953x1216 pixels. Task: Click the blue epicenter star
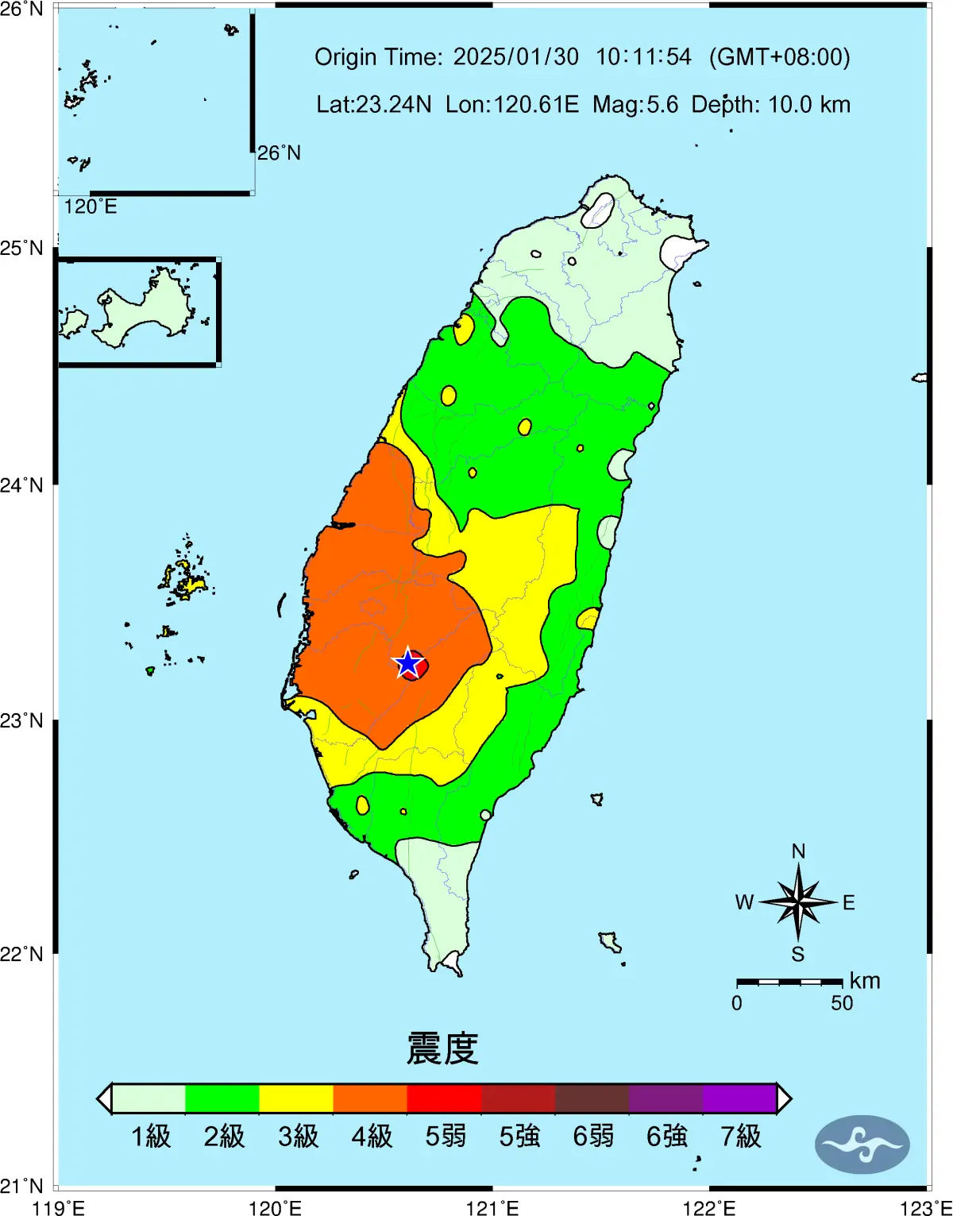pyautogui.click(x=408, y=663)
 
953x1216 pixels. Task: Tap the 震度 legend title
pyautogui.click(x=442, y=1048)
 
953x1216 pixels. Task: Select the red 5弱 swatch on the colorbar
pyautogui.click(x=444, y=1098)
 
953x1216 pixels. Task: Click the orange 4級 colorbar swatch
pyautogui.click(x=370, y=1098)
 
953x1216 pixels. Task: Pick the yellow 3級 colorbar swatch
pyautogui.click(x=296, y=1098)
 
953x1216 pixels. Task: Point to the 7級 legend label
pyautogui.click(x=740, y=1137)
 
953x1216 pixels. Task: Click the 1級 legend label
pyautogui.click(x=150, y=1137)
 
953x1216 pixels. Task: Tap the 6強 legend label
pyautogui.click(x=666, y=1137)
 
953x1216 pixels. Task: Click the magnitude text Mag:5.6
pyautogui.click(x=635, y=105)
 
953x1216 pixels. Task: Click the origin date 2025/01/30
pyautogui.click(x=515, y=57)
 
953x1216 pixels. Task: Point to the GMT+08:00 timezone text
pyautogui.click(x=779, y=57)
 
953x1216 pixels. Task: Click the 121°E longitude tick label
pyautogui.click(x=492, y=1208)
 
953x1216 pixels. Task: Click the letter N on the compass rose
pyautogui.click(x=798, y=851)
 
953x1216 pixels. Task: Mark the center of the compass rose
pyautogui.click(x=798, y=902)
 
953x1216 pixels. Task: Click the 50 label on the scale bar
pyautogui.click(x=842, y=1003)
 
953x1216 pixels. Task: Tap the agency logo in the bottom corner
pyautogui.click(x=862, y=1145)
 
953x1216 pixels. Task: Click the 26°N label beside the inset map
pyautogui.click(x=279, y=152)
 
